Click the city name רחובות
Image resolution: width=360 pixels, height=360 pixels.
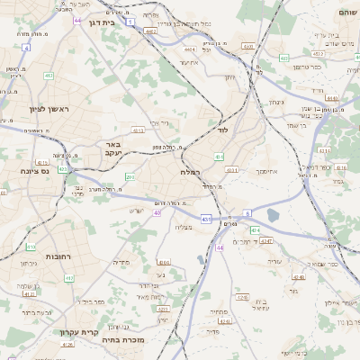[x=32, y=256]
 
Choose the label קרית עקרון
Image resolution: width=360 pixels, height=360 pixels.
[x=77, y=334]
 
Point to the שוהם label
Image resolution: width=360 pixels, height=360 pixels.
[x=344, y=12]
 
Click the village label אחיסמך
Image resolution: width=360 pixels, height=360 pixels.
[x=268, y=170]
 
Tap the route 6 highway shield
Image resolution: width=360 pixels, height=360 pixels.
[x=247, y=213]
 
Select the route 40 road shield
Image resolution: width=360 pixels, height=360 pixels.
[x=157, y=213]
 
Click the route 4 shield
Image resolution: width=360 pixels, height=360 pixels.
[x=26, y=48]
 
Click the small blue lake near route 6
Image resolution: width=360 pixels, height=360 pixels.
[x=272, y=215]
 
